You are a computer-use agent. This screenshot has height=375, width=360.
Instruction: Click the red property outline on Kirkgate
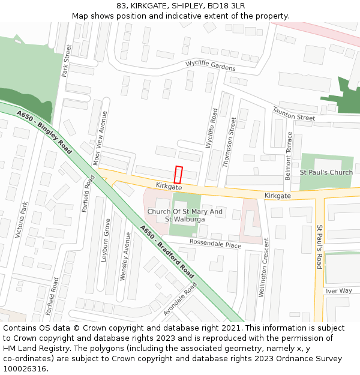(178, 175)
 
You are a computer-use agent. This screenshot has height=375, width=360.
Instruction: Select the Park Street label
(66, 61)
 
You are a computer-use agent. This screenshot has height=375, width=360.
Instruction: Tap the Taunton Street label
(293, 114)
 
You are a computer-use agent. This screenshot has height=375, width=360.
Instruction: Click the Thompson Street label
(230, 142)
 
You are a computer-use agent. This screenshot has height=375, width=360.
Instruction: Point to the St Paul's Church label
(326, 173)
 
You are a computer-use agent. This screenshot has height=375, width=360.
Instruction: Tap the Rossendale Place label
(215, 244)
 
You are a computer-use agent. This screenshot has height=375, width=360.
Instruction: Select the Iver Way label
(339, 291)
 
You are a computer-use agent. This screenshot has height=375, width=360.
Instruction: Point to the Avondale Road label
(180, 299)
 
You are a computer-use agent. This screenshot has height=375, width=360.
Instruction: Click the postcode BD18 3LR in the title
(226, 6)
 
